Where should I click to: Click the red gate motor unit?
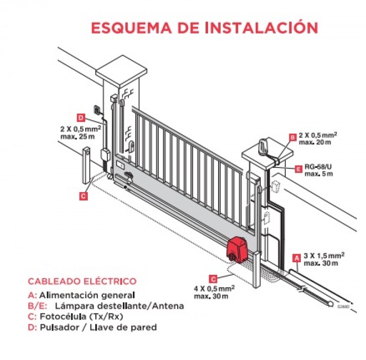point(237,250)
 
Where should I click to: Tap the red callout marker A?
point(297,258)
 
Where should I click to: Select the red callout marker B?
point(292,137)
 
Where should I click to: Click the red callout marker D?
point(81,118)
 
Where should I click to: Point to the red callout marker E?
point(298,169)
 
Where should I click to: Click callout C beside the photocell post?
point(83,196)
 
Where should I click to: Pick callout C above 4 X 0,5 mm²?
point(213,279)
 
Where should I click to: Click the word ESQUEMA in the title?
point(131,28)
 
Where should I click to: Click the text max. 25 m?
point(78,136)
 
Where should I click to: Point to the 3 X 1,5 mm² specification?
point(324,255)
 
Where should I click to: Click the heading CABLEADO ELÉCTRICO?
point(82,281)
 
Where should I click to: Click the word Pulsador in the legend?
point(60,327)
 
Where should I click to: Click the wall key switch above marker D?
point(97,109)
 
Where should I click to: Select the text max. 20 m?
point(315,142)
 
